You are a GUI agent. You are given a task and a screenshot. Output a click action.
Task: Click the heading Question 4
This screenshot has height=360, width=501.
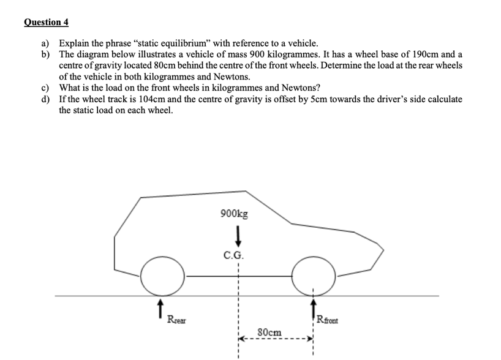pyautogui.click(x=47, y=23)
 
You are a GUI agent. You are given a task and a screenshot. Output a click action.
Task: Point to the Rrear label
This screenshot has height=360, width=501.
pyautogui.click(x=177, y=319)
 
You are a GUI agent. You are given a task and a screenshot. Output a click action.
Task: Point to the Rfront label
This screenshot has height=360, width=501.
pyautogui.click(x=331, y=318)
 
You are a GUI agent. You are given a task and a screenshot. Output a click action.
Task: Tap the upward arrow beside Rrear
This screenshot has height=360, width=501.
pyautogui.click(x=161, y=309)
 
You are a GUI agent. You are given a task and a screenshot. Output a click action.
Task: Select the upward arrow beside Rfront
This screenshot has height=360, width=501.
pyautogui.click(x=314, y=309)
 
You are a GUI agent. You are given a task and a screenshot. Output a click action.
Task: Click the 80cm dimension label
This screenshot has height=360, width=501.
pyautogui.click(x=269, y=332)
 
